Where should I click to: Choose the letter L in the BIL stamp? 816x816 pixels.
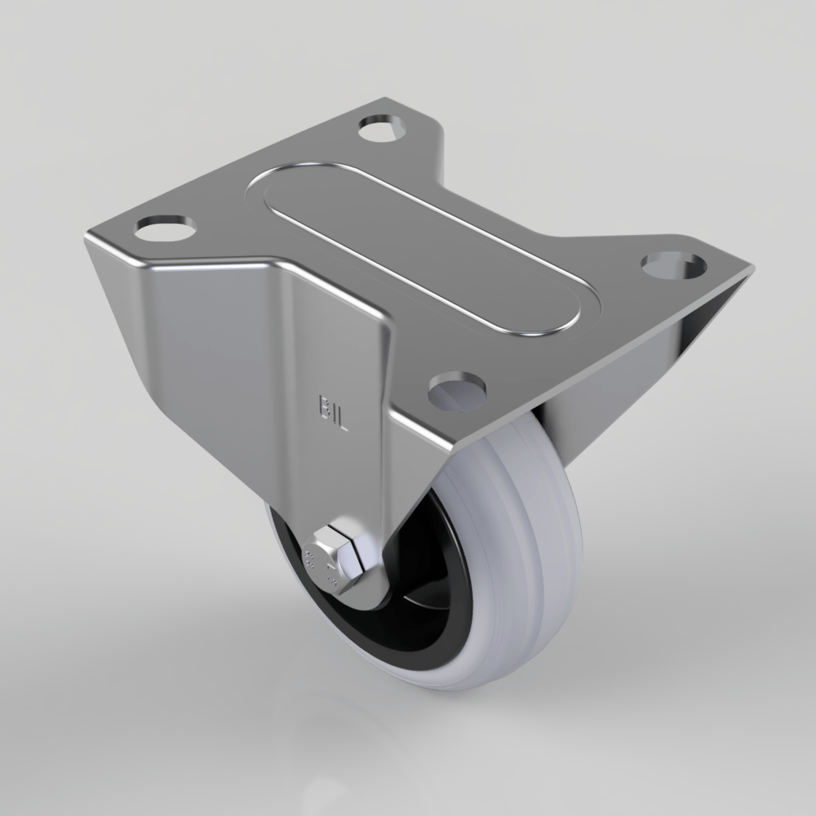click(x=347, y=424)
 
